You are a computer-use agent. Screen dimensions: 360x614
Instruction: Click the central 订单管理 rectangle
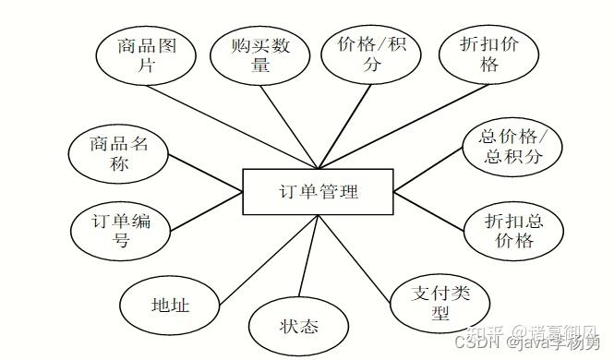point(318,191)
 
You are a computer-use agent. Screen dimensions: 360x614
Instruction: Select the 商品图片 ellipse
point(148,54)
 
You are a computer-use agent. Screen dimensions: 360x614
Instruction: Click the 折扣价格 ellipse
point(490,54)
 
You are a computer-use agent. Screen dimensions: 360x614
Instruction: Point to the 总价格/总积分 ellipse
point(513,147)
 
